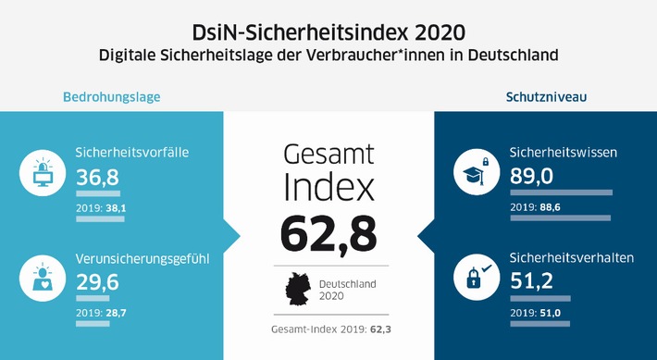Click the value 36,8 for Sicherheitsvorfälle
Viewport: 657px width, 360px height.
99,177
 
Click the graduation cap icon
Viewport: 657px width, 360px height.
475,174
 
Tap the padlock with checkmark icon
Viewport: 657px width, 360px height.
475,276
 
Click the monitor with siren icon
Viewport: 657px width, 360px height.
42,174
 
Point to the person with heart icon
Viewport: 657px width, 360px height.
42,276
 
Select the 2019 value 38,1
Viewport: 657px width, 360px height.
116,209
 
